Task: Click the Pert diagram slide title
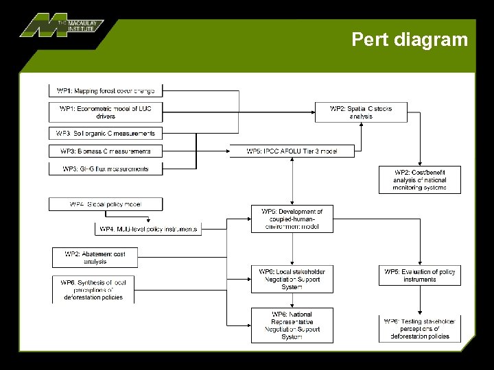pos(410,40)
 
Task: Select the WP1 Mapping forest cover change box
pos(106,90)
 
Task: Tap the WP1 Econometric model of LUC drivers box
pos(106,112)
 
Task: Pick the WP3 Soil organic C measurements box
pos(106,134)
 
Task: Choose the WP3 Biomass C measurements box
pos(106,151)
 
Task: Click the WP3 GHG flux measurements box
pos(106,169)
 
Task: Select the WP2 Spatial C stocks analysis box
pos(361,112)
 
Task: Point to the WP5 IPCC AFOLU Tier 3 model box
pos(292,151)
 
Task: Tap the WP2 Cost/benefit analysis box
pos(419,180)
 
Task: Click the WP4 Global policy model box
pos(106,204)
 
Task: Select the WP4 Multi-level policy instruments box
pos(148,229)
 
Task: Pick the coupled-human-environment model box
pos(292,219)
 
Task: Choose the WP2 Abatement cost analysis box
pos(95,258)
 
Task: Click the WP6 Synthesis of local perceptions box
pos(93,290)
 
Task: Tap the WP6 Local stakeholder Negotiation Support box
pos(292,280)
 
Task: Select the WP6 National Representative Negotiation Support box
pos(292,325)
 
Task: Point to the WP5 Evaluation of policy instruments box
pos(419,275)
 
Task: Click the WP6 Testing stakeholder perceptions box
pos(419,329)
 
